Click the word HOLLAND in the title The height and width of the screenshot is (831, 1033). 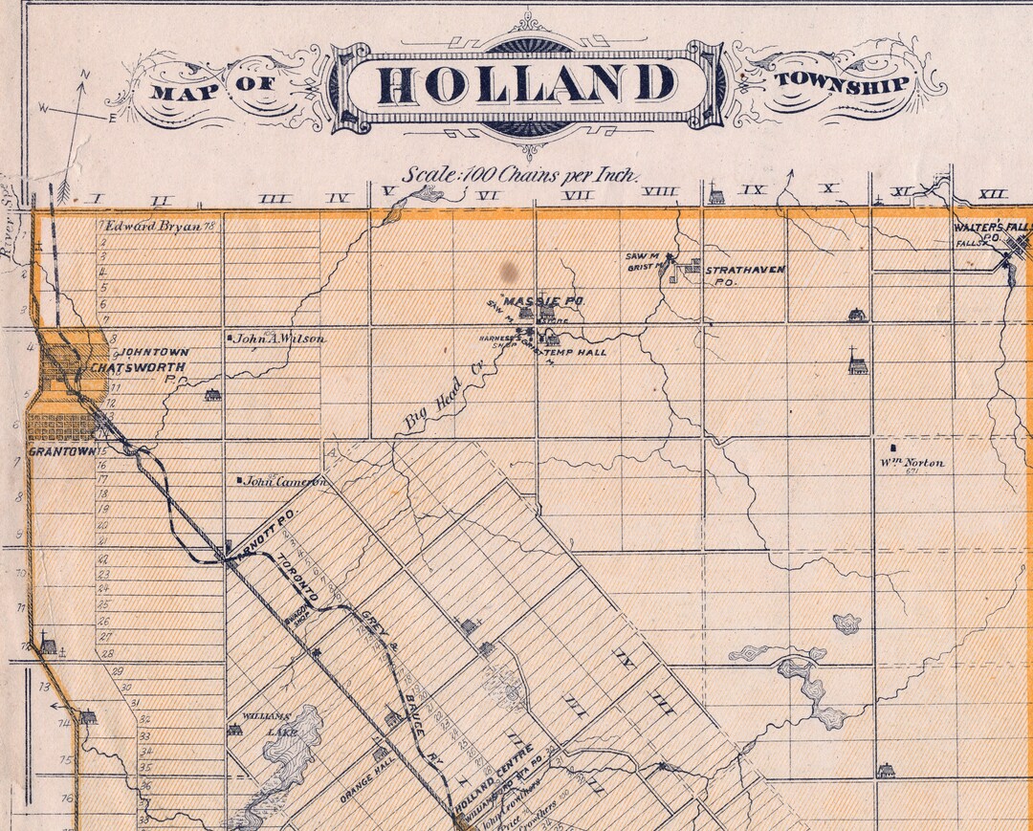tap(527, 84)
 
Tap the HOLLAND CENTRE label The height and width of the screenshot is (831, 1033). tap(493, 789)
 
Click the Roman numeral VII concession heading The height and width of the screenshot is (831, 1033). tap(578, 194)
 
